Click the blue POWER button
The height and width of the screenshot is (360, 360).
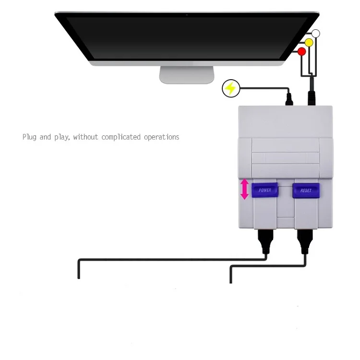(x=265, y=190)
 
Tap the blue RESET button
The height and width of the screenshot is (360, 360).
(x=306, y=191)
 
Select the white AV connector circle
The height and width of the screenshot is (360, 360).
(x=316, y=34)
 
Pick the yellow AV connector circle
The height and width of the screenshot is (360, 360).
(x=309, y=43)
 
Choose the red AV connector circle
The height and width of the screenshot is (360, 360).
(x=302, y=52)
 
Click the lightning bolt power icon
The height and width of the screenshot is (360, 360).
(x=231, y=88)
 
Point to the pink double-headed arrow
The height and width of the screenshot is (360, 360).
(x=244, y=189)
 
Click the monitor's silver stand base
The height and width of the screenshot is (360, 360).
(x=187, y=75)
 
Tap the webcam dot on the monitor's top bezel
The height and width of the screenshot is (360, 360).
(x=187, y=15)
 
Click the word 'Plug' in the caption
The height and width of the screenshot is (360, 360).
(x=29, y=137)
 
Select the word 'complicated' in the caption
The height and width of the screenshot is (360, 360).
(x=121, y=137)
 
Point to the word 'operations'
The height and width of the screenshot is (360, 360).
(x=162, y=137)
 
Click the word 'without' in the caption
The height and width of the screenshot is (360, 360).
(x=85, y=137)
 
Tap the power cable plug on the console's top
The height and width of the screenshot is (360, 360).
(x=289, y=99)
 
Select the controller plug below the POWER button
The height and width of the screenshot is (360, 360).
(x=265, y=241)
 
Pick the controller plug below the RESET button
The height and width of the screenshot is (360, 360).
(x=305, y=241)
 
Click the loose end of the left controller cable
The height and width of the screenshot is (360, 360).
(x=79, y=278)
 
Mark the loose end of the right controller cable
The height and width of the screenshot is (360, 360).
(x=231, y=282)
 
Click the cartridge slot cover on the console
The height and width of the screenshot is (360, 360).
(x=286, y=158)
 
